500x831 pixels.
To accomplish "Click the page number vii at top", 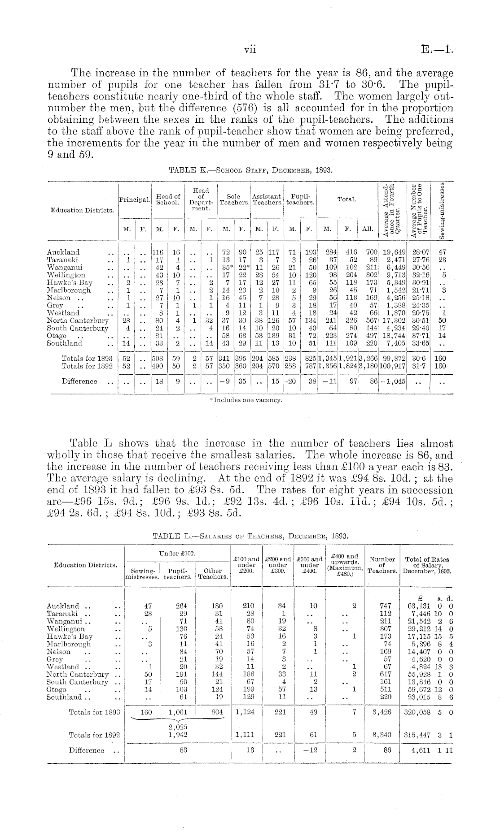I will coord(250,50).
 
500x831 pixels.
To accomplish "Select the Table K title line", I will coord(250,170).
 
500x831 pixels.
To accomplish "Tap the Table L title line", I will coord(250,536).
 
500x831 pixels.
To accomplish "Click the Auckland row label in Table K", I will coord(63,252).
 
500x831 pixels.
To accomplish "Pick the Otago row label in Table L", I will coord(57,689).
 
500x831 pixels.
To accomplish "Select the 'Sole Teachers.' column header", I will coord(234,199).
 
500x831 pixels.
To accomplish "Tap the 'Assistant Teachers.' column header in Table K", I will coord(267,199).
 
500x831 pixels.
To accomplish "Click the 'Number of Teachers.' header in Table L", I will coord(382,565).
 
